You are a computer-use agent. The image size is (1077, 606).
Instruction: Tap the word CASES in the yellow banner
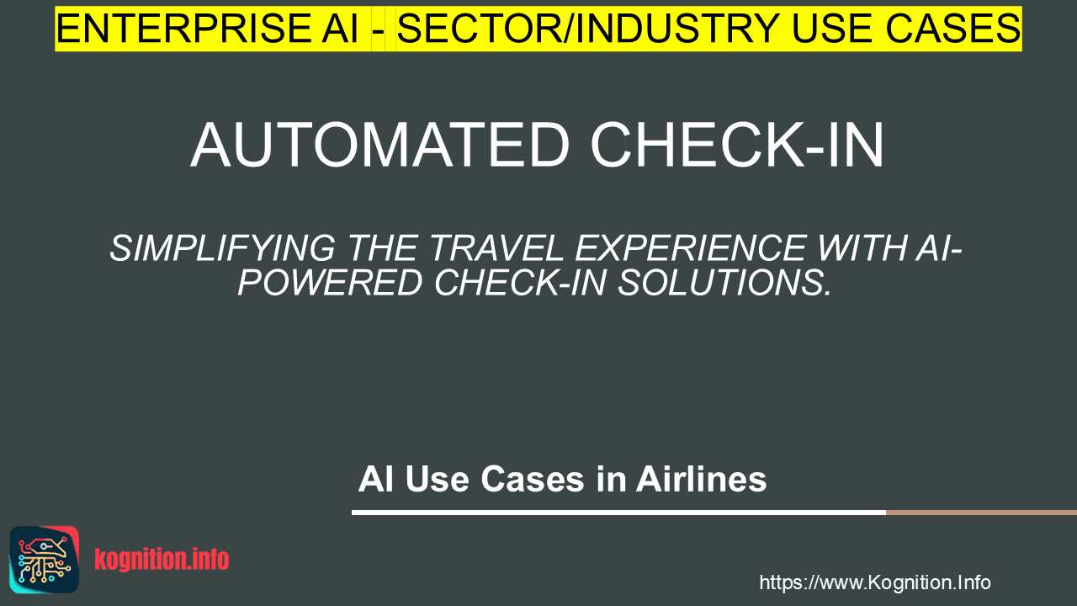click(953, 29)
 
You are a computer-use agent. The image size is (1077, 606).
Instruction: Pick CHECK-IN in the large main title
click(737, 145)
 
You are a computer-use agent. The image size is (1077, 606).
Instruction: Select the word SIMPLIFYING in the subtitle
click(222, 248)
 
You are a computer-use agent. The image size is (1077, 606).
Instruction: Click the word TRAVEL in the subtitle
click(496, 248)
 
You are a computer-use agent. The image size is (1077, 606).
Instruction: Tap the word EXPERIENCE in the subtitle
click(691, 248)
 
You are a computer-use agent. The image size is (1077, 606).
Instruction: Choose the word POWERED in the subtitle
click(329, 282)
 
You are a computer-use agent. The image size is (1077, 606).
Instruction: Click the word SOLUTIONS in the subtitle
click(724, 282)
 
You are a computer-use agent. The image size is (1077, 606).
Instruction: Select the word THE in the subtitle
click(382, 248)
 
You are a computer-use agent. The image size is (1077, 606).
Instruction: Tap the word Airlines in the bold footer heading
click(701, 479)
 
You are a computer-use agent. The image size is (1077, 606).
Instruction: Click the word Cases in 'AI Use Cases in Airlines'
click(533, 479)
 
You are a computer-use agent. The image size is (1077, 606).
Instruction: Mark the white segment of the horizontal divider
click(618, 513)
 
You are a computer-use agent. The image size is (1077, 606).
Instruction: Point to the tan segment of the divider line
click(981, 513)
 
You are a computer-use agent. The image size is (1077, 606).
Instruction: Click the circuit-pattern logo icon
click(45, 560)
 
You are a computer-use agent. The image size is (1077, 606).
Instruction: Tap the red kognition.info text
click(162, 559)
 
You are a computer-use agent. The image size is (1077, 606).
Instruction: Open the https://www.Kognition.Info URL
click(875, 582)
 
